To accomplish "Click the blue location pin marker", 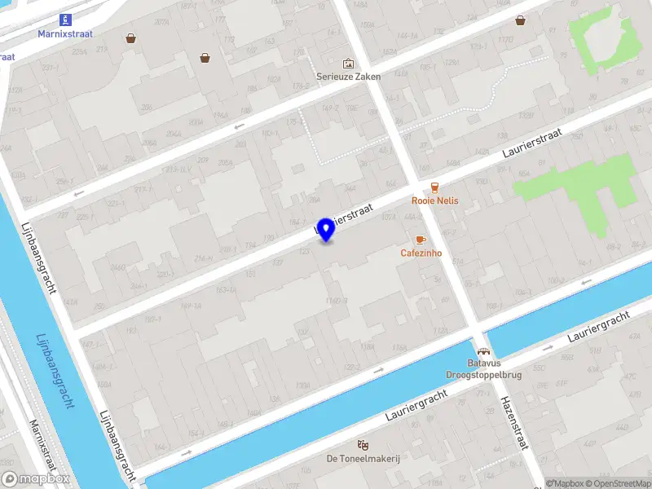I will point(326,230).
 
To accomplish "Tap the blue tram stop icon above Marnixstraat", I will point(65,20).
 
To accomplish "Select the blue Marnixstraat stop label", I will point(65,34).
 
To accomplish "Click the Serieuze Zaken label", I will point(349,77).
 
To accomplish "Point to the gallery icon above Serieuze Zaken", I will point(349,63).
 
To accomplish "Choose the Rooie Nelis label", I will point(434,200).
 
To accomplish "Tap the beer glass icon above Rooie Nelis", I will point(434,187).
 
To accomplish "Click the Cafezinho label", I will point(421,253).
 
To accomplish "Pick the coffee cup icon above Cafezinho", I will point(421,240).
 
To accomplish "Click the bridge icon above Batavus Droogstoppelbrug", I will point(483,350).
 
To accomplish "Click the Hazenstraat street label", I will point(516,422).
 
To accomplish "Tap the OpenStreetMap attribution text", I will point(617,484).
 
